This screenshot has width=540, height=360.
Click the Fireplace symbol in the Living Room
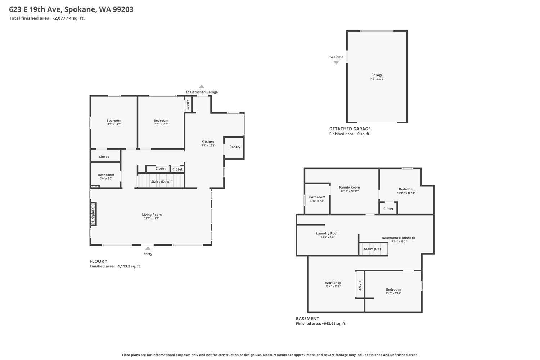(93, 214)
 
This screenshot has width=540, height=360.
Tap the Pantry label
(235, 147)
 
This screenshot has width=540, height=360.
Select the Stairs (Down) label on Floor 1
(162, 181)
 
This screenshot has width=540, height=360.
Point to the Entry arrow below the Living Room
(148, 248)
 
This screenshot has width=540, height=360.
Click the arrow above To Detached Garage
(202, 86)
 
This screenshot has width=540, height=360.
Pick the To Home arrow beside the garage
(336, 63)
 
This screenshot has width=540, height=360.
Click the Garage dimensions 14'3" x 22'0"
(377, 78)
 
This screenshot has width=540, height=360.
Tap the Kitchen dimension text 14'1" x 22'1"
(208, 145)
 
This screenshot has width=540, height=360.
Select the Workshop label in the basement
(333, 283)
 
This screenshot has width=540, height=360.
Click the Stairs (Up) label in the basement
(373, 249)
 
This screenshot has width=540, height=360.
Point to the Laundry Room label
(328, 233)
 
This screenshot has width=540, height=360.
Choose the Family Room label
(350, 187)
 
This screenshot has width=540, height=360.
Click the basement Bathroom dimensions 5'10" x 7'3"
(317, 201)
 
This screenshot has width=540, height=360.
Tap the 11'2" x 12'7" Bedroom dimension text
(114, 124)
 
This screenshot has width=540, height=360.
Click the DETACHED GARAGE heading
(350, 129)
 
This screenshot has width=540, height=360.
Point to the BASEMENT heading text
(307, 319)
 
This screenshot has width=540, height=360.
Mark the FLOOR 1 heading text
(99, 261)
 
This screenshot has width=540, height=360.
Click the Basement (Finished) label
(399, 238)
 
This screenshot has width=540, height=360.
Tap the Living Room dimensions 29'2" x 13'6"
(152, 219)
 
